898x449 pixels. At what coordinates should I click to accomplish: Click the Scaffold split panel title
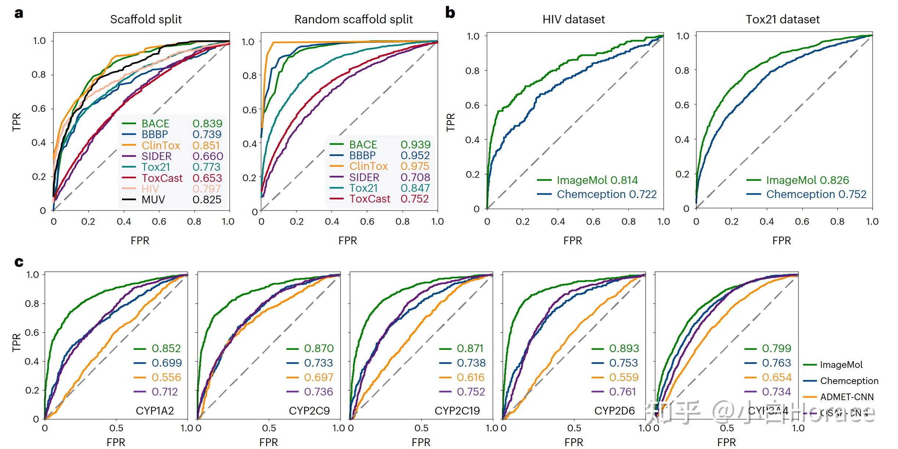click(x=146, y=19)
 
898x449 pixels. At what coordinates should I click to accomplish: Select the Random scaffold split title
click(x=353, y=19)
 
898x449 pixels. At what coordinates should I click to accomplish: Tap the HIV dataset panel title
click(x=573, y=19)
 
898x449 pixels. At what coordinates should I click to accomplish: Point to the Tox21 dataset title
click(x=782, y=19)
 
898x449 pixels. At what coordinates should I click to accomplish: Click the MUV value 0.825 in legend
click(x=207, y=200)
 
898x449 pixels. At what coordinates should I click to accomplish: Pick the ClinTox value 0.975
click(x=415, y=166)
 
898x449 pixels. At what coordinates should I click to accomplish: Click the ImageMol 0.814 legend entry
click(x=597, y=180)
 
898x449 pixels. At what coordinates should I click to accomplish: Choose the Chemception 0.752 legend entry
click(x=816, y=194)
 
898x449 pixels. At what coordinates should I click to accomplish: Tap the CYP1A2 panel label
click(x=155, y=410)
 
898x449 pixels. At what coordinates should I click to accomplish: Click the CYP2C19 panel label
click(x=457, y=410)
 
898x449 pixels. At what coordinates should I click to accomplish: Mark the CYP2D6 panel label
click(x=614, y=410)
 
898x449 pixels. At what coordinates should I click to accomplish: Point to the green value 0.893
click(x=624, y=348)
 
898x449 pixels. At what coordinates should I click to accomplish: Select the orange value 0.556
click(x=166, y=377)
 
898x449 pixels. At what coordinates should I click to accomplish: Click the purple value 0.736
click(x=318, y=392)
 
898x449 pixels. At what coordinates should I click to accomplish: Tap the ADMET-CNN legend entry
click(x=847, y=397)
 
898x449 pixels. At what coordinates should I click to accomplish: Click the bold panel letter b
click(x=450, y=13)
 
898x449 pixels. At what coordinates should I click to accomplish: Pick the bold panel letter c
click(x=19, y=262)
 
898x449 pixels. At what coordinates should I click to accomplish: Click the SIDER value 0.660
click(x=208, y=156)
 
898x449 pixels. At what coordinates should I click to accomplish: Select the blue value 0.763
click(x=776, y=363)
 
